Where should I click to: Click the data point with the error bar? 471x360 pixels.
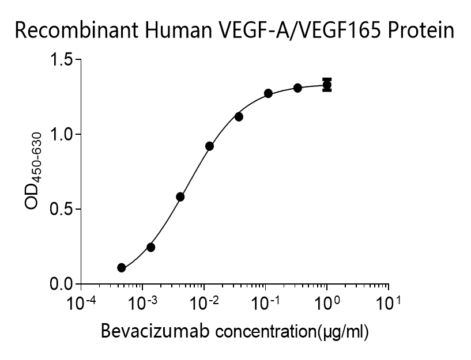pyautogui.click(x=327, y=85)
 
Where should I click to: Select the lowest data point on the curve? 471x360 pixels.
pyautogui.click(x=121, y=268)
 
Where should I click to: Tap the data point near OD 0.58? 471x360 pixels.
pyautogui.click(x=180, y=197)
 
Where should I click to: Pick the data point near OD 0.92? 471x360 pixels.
pyautogui.click(x=209, y=146)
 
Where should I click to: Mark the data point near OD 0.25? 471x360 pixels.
pyautogui.click(x=150, y=247)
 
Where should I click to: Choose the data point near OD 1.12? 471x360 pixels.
pyautogui.click(x=239, y=117)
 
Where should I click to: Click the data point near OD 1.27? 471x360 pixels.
pyautogui.click(x=269, y=93)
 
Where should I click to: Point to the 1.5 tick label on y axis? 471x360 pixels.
pyautogui.click(x=63, y=59)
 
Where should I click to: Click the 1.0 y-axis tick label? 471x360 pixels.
pyautogui.click(x=63, y=134)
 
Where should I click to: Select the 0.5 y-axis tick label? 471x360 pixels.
pyautogui.click(x=63, y=209)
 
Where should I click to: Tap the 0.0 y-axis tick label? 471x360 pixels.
pyautogui.click(x=63, y=284)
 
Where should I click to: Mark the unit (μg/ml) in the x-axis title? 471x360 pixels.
pyautogui.click(x=342, y=332)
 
